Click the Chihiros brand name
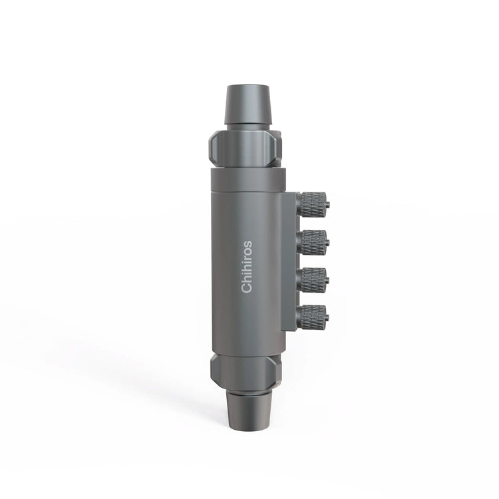click(247, 266)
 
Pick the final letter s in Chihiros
click(247, 244)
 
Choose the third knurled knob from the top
click(312, 280)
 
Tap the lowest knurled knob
click(312, 317)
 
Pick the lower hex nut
click(245, 370)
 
